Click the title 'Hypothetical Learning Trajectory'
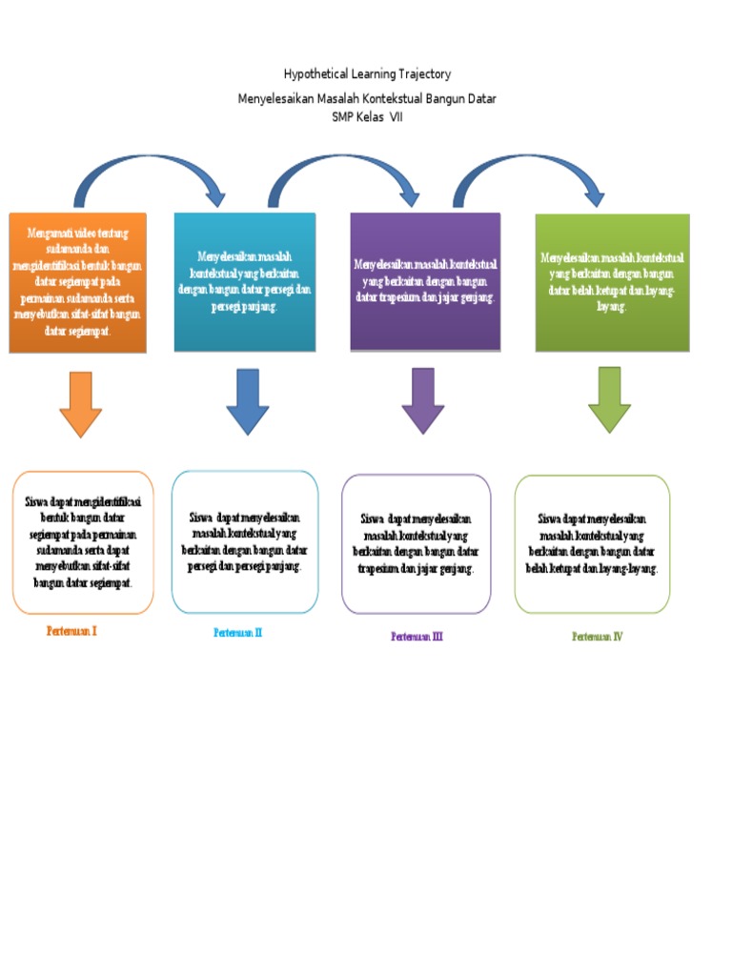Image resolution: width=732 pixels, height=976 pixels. (x=367, y=74)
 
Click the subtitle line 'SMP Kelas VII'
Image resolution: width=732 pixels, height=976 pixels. (x=367, y=116)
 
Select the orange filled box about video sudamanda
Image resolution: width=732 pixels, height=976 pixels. (x=78, y=282)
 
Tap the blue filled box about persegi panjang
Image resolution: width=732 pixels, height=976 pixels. (x=245, y=282)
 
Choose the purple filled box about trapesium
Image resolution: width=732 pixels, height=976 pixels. (x=425, y=282)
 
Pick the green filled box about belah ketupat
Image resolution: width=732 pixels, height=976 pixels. (x=612, y=282)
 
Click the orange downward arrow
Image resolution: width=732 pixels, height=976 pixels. (x=80, y=402)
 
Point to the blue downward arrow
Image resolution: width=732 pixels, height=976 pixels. (x=248, y=400)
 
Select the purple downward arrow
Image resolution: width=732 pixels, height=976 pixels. (x=423, y=400)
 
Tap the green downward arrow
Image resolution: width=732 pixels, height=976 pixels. (x=609, y=398)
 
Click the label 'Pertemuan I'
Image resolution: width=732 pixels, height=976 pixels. (x=71, y=631)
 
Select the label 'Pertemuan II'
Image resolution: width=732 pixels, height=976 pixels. (x=237, y=632)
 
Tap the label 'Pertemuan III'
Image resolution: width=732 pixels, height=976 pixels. (x=417, y=637)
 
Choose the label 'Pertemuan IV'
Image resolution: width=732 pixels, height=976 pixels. (x=597, y=637)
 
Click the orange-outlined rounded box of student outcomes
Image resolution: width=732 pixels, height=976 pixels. (x=83, y=541)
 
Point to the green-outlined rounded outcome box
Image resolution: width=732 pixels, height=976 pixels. (x=592, y=543)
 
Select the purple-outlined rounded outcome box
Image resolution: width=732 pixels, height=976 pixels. (x=417, y=543)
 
